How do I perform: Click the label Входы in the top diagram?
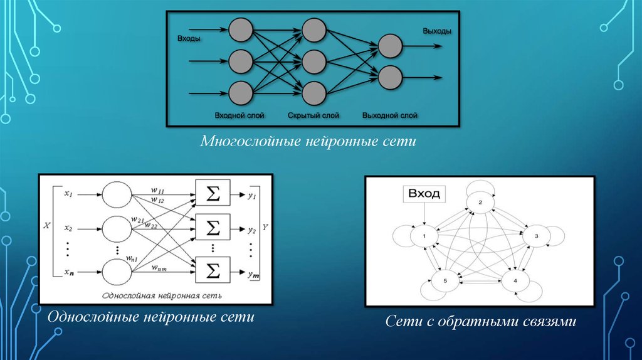click(189, 39)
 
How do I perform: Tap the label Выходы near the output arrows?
click(437, 31)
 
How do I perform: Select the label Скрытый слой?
click(313, 115)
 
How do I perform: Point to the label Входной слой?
click(239, 115)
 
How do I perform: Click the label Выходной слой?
click(390, 115)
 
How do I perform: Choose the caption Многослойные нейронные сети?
click(308, 141)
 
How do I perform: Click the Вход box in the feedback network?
click(424, 194)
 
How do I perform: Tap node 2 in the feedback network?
click(480, 203)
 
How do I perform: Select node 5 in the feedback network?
click(445, 280)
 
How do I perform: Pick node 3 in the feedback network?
click(537, 236)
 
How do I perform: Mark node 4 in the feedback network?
click(515, 280)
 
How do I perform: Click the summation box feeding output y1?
click(213, 193)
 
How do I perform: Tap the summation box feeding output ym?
click(213, 270)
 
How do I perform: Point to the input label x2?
click(68, 228)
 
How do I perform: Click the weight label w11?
click(157, 190)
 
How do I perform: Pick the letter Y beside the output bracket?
click(265, 226)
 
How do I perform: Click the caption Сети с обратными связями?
click(481, 321)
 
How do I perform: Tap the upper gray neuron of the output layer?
click(390, 46)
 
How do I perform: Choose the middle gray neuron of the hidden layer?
click(314, 61)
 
